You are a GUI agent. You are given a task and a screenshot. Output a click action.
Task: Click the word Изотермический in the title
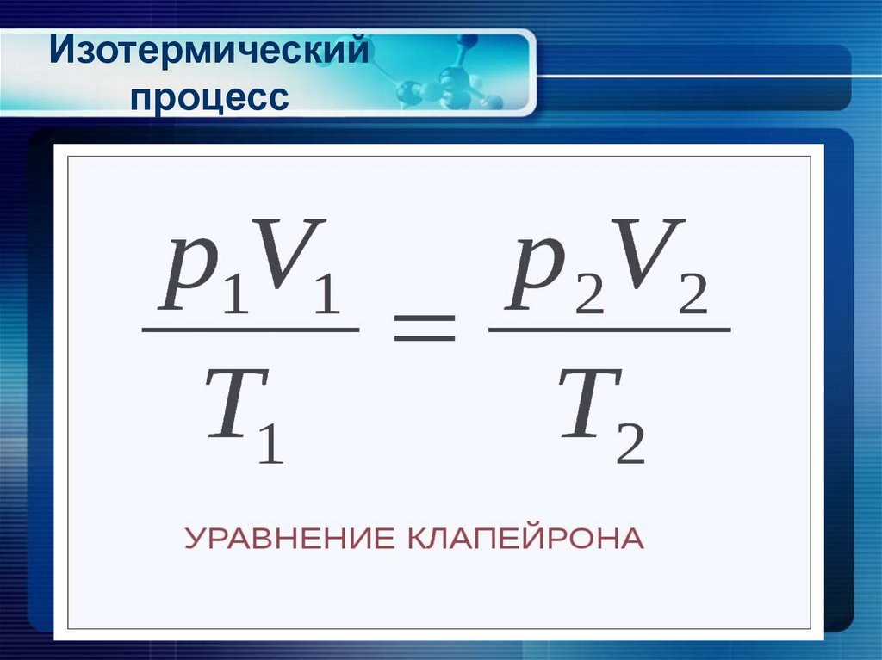209,53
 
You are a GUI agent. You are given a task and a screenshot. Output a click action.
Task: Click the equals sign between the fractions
424,329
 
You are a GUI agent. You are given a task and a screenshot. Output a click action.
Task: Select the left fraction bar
250,330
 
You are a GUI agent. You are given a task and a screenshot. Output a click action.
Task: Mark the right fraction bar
609,330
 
